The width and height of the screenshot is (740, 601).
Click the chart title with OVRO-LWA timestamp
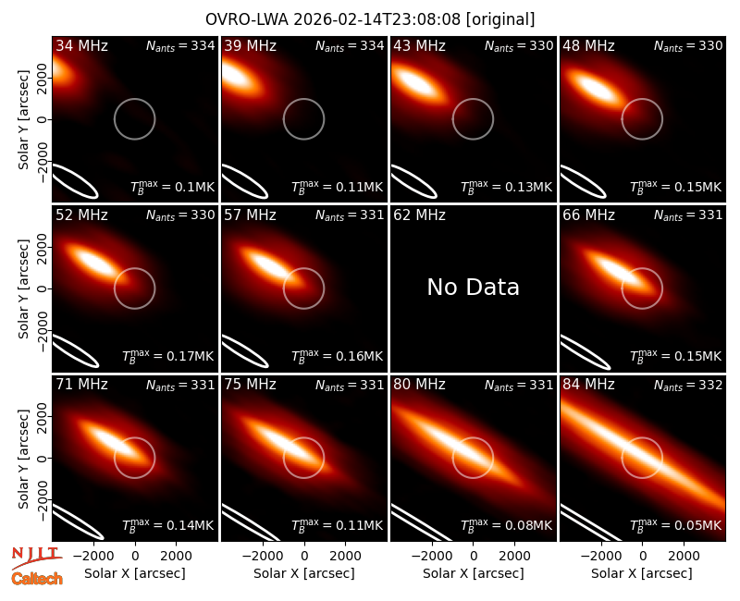370,19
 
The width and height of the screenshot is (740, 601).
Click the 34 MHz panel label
81,45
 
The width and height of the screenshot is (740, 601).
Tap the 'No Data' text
473,287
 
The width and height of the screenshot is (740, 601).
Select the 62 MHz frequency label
420,215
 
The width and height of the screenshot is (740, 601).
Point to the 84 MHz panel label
588,385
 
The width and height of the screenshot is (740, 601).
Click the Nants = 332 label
688,386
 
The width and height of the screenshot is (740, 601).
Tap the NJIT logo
36,557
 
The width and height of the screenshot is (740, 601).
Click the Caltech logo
37,579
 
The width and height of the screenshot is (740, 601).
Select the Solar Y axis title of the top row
23,120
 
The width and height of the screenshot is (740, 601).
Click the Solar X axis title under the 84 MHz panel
642,573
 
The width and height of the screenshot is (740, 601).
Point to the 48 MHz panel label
588,45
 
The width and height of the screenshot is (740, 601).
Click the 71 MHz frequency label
81,385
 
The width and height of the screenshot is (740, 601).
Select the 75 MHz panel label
250,385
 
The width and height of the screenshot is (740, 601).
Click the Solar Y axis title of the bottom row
23,459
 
